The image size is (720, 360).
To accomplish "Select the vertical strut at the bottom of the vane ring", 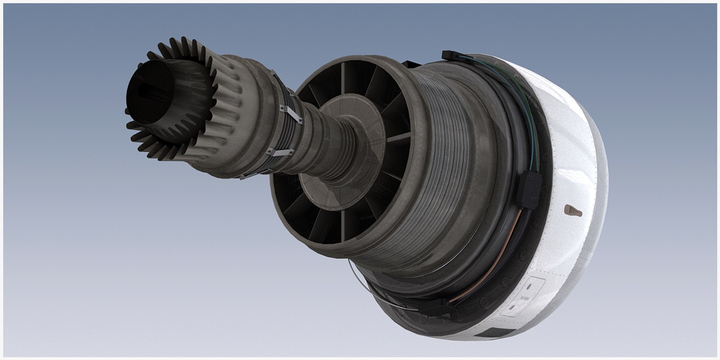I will point(342,225).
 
